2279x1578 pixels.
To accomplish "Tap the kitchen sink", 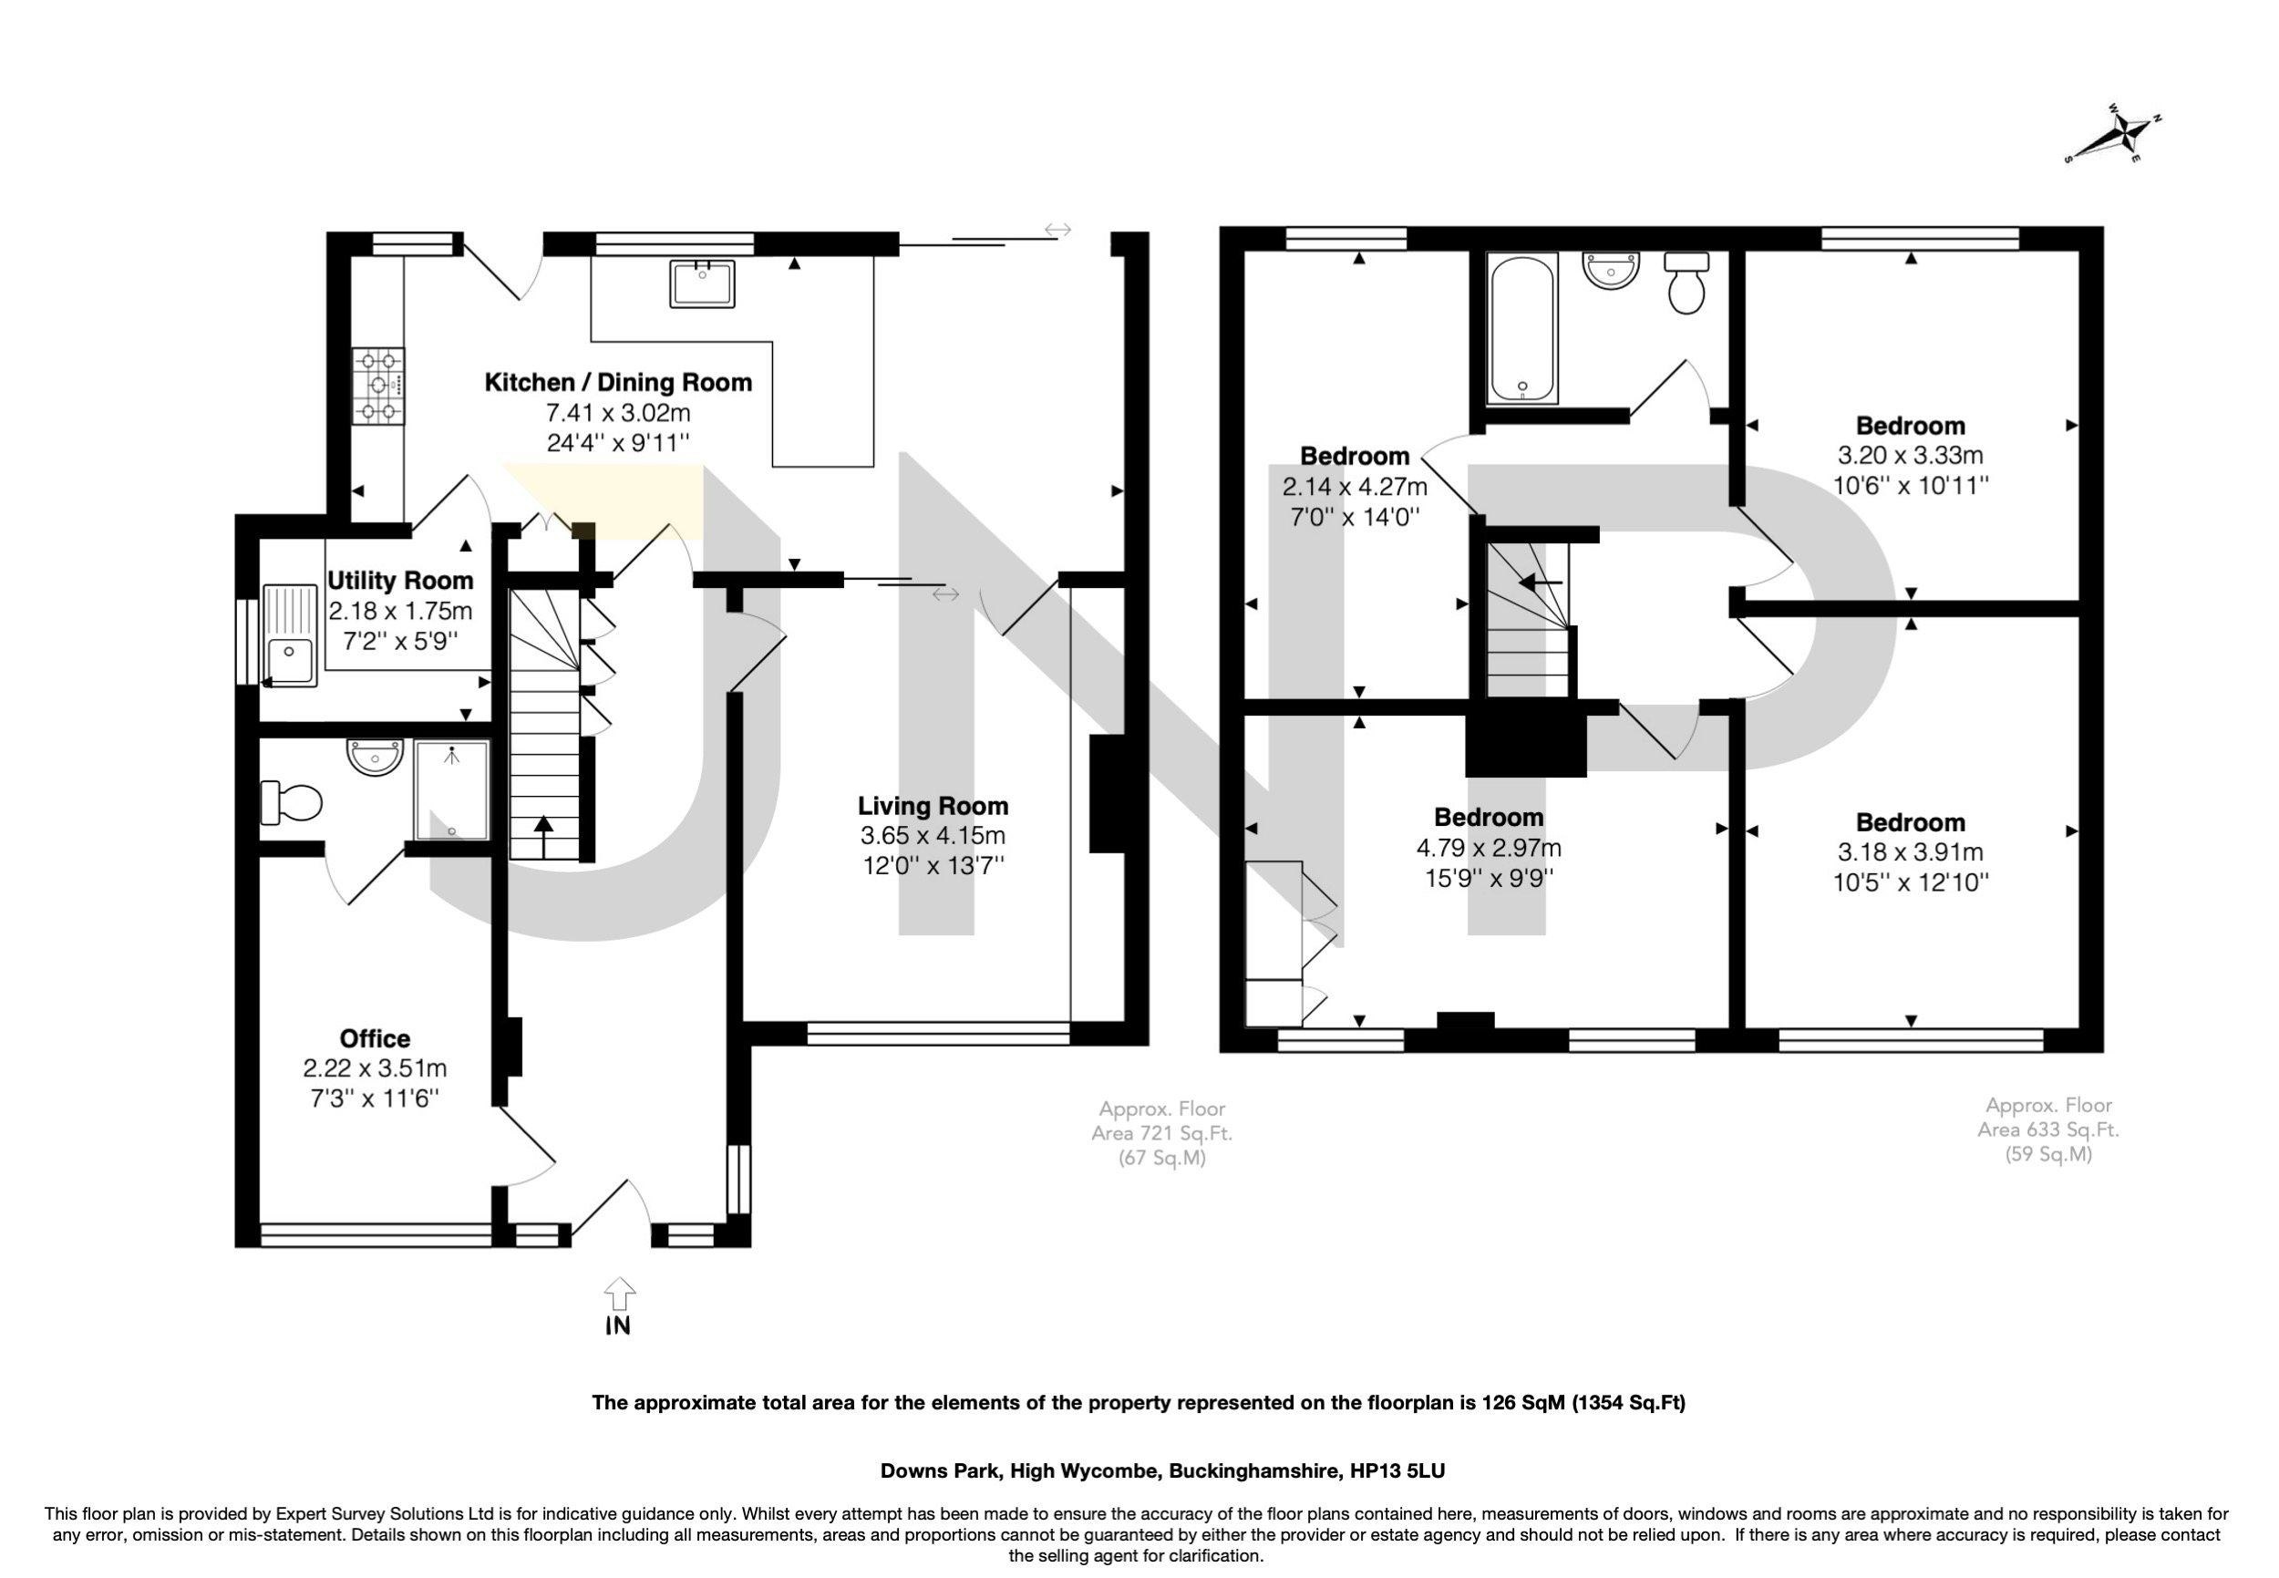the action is (x=702, y=284).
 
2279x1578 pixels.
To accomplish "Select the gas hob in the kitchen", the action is (x=378, y=386).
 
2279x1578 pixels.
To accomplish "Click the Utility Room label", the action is (x=400, y=581).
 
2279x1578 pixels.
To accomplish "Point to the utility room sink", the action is (x=290, y=635).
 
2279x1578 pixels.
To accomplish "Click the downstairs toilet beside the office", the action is (x=291, y=803).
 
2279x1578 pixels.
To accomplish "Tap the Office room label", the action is (x=375, y=1038).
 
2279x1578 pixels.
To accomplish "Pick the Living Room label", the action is (x=933, y=806).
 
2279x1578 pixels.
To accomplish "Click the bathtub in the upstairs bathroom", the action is (x=1522, y=328).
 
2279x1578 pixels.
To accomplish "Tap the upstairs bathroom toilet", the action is (x=1686, y=283).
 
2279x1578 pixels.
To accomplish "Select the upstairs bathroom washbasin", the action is (x=1612, y=270).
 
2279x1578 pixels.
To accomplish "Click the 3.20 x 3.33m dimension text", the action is (x=1910, y=456).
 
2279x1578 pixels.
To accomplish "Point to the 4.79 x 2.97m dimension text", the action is (x=1489, y=847).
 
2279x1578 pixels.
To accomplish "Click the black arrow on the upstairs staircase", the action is (x=1541, y=583).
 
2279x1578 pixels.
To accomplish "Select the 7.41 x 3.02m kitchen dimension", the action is (x=618, y=412).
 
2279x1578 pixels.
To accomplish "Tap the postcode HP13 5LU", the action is (x=1398, y=1471).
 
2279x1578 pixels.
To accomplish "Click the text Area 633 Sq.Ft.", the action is (x=2047, y=1129).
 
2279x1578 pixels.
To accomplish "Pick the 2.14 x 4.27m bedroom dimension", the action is (x=1355, y=487).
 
